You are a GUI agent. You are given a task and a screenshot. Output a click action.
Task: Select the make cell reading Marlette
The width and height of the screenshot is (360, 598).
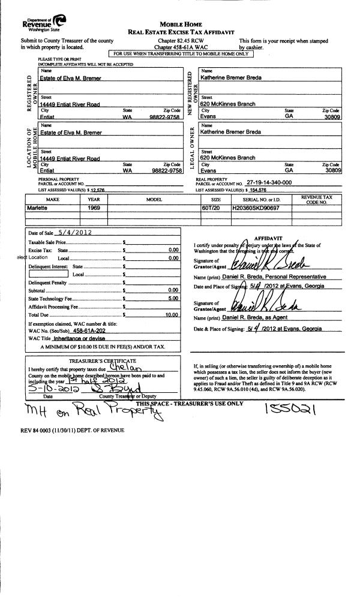[x=40, y=207]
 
